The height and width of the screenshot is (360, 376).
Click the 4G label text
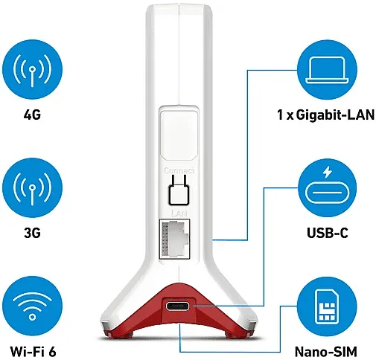[32, 115]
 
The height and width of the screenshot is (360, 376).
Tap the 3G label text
[32, 233]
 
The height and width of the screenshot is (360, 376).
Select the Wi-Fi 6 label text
[33, 351]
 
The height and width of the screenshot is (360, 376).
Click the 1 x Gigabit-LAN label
[325, 115]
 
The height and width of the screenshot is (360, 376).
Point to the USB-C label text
[328, 233]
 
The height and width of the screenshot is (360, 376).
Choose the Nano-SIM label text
[326, 352]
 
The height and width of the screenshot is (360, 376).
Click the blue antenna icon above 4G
[32, 70]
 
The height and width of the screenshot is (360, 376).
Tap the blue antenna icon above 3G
[32, 188]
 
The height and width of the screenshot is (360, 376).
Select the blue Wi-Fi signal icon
[32, 306]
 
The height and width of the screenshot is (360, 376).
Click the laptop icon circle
[327, 70]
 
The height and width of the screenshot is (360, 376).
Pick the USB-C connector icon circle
[327, 188]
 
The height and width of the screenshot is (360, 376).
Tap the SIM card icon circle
[327, 306]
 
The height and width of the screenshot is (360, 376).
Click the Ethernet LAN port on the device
[174, 239]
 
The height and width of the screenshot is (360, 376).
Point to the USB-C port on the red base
[178, 306]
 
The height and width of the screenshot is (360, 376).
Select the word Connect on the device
[179, 170]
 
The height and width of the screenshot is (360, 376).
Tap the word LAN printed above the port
[179, 213]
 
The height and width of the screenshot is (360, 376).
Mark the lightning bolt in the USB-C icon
[328, 173]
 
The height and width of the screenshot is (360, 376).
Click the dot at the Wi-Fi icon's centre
[32, 317]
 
